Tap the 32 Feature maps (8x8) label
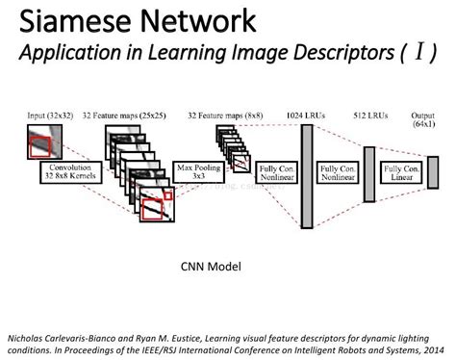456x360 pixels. pos(230,115)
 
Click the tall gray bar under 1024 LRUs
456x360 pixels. pos(307,173)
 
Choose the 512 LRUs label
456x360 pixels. pos(370,115)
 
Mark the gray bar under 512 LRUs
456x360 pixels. pos(367,173)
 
